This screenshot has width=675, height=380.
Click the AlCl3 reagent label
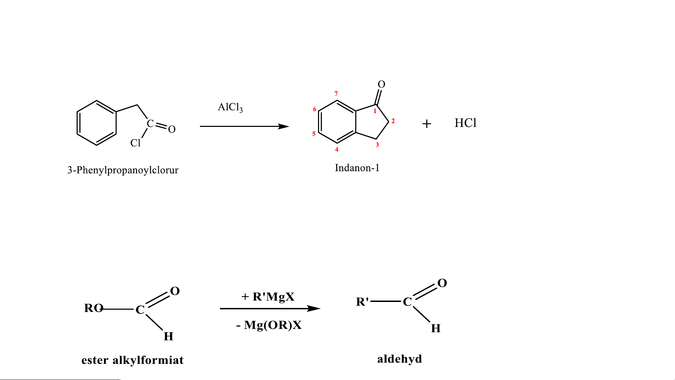[x=230, y=107]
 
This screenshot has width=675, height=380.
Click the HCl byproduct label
[x=466, y=123]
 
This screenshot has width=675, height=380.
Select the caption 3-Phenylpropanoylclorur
[x=123, y=170]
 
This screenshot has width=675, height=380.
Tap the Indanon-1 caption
[x=357, y=168]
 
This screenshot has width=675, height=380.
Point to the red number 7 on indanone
[x=336, y=94]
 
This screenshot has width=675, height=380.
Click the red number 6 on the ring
[x=315, y=109]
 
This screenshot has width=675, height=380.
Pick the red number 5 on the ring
[x=314, y=134]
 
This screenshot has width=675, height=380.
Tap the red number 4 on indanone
[x=337, y=149]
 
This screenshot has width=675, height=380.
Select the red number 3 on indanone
[x=377, y=144]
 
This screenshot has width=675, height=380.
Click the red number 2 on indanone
[x=393, y=121]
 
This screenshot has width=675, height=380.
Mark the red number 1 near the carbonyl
[x=375, y=111]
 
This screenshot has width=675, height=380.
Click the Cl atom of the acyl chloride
[x=135, y=143]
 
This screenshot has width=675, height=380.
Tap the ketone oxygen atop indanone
[x=382, y=84]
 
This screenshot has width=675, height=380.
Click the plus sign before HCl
[x=427, y=124]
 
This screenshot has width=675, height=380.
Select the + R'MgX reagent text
[x=268, y=297]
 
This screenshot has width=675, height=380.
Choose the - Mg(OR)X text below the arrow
[x=269, y=325]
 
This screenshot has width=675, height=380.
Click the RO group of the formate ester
[x=93, y=308]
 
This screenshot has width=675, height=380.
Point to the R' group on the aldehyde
[x=363, y=302]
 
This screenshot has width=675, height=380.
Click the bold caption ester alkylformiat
[x=132, y=360]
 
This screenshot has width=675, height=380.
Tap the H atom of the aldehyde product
[x=436, y=328]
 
